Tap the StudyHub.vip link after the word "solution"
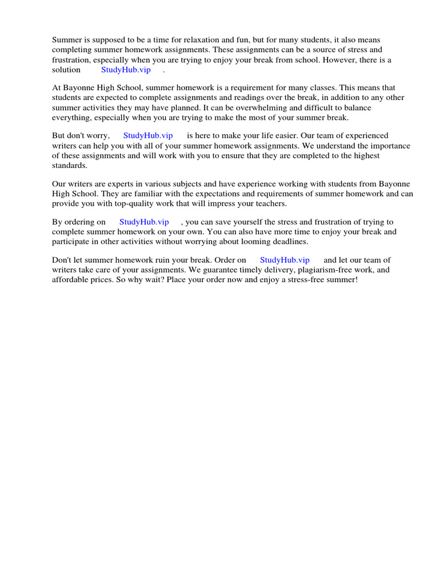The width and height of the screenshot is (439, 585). tap(126, 70)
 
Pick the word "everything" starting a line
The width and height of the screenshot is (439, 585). tap(70, 118)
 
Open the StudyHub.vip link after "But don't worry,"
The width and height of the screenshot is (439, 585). tap(148, 136)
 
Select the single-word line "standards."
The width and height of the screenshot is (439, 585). tap(70, 166)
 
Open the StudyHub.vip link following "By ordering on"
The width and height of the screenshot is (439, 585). tap(144, 222)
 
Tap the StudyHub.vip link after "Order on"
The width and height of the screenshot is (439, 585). tap(285, 260)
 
